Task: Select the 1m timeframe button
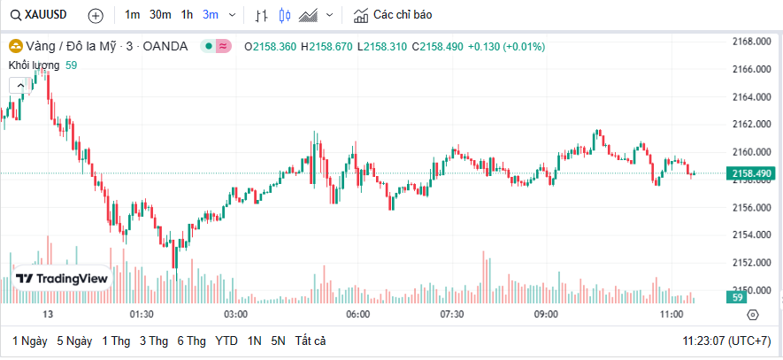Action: (x=132, y=15)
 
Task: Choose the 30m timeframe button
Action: (x=160, y=15)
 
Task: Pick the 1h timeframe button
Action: (x=187, y=15)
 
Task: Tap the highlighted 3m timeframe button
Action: (x=211, y=15)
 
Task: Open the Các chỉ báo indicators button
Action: (x=392, y=15)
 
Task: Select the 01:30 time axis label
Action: (x=142, y=314)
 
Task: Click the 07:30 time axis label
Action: (x=452, y=314)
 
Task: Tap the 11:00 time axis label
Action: (x=672, y=314)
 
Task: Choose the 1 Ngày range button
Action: (x=29, y=341)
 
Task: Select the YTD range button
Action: (x=226, y=341)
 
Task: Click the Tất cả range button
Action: (x=311, y=341)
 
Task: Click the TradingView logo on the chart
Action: (x=62, y=278)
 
